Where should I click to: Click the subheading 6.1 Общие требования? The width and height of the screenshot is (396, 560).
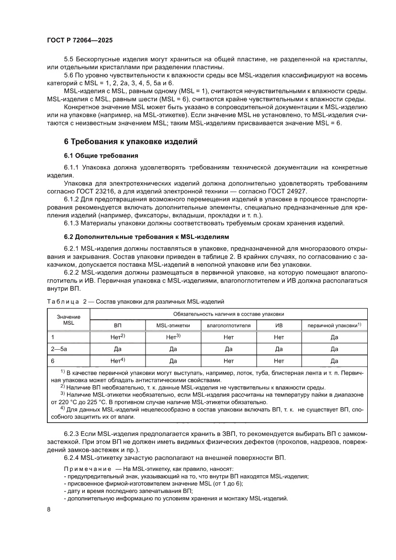[x=102, y=156]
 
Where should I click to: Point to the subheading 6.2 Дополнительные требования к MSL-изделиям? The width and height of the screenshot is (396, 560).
[x=147, y=237]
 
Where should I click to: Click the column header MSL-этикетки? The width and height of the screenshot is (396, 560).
[x=173, y=326]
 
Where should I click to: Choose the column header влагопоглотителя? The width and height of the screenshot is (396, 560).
[x=228, y=326]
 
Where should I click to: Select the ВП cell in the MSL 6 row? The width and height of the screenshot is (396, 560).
[x=117, y=360]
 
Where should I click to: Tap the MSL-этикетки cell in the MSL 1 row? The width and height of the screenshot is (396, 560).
[x=173, y=337]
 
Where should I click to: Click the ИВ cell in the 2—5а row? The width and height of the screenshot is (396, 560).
[x=279, y=349]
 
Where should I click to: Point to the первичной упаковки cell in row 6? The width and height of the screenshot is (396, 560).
[x=334, y=360]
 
